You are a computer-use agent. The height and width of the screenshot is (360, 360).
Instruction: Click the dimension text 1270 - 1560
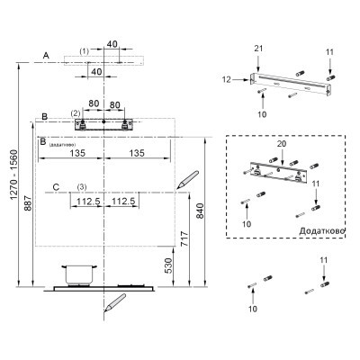(x=13, y=175)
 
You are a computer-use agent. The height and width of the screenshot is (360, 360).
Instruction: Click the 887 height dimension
(x=28, y=203)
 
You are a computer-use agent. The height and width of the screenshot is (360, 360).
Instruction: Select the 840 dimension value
(x=201, y=211)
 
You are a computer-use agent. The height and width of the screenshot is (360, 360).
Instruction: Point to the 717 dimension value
(x=185, y=238)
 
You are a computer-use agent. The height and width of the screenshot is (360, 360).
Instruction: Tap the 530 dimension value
(x=169, y=265)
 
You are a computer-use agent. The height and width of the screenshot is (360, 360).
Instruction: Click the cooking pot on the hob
(x=79, y=274)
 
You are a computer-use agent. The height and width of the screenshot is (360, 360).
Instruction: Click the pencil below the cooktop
(x=114, y=302)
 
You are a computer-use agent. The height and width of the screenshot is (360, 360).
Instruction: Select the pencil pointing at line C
(x=188, y=180)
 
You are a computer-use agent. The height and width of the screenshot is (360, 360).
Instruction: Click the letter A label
(x=46, y=55)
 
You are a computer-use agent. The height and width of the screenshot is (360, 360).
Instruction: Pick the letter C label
(x=56, y=187)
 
